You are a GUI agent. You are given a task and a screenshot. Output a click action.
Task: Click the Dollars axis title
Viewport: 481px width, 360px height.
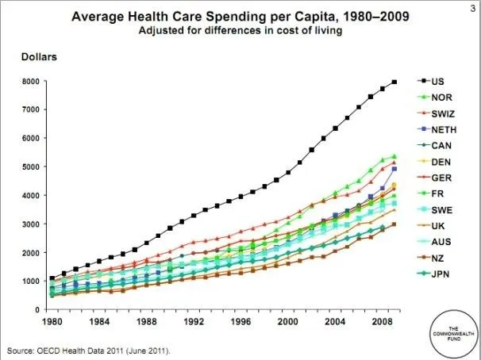(x=37, y=58)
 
